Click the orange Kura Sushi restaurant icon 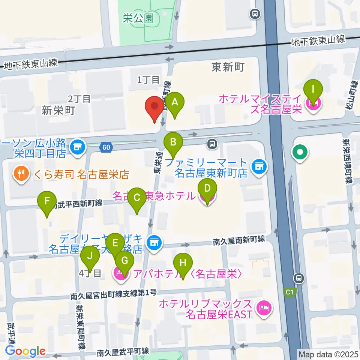[19, 174]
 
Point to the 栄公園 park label [138, 18]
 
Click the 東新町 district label [228, 67]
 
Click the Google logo [25, 351]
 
